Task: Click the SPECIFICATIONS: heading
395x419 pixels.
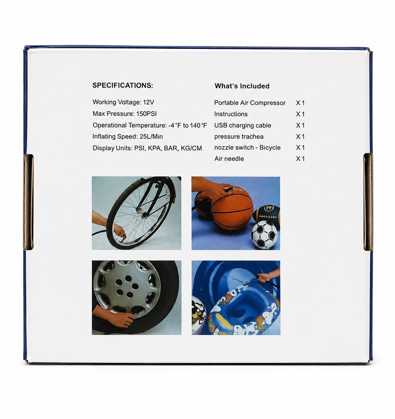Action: [x=123, y=86]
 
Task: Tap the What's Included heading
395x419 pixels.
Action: [x=242, y=86]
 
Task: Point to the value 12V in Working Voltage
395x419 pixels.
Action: [x=149, y=102]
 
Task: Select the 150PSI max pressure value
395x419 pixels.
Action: [x=146, y=113]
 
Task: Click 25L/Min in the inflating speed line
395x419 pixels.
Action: [x=151, y=137]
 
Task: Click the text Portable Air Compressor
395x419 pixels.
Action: [x=250, y=103]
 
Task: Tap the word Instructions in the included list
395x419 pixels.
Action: [x=231, y=114]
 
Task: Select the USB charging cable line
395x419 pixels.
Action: [x=242, y=125]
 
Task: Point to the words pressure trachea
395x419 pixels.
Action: [x=239, y=137]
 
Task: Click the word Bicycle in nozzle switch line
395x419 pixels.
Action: [x=270, y=147]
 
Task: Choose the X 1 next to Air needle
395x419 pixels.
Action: [x=300, y=159]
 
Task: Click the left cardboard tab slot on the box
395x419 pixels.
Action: [x=28, y=202]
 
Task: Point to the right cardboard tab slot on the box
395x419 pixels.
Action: [x=368, y=202]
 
